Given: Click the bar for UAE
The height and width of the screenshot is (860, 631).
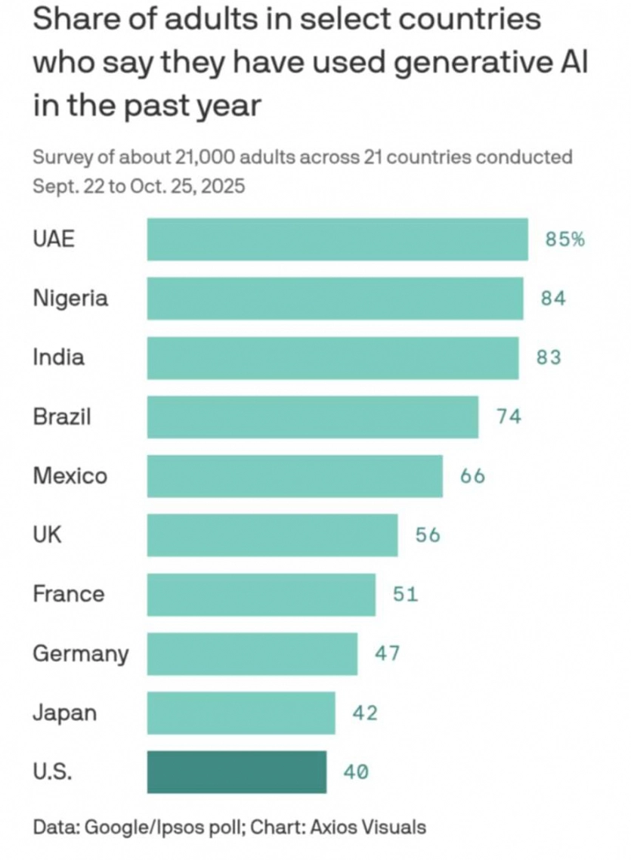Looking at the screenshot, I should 337,240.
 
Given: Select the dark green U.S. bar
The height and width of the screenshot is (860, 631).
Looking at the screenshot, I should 237,772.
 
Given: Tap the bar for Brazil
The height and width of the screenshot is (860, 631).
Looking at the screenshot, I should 312,416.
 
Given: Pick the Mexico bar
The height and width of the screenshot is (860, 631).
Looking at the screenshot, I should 295,476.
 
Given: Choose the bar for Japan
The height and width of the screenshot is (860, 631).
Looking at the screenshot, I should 241,713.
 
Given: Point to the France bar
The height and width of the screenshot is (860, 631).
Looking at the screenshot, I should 261,594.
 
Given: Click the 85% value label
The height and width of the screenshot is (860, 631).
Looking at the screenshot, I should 564,240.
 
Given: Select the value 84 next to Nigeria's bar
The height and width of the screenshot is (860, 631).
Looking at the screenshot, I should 553,299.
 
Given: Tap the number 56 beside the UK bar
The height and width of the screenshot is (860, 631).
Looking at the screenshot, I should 428,535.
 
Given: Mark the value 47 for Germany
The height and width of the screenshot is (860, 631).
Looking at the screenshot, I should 388,653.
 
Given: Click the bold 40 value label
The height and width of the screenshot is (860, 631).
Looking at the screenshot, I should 356,772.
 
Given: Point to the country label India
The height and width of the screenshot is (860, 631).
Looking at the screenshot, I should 58,357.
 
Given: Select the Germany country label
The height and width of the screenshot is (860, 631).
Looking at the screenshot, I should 81,653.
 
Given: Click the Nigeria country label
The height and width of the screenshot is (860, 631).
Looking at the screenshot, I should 70,299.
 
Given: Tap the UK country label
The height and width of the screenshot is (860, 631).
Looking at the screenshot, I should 47,535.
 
